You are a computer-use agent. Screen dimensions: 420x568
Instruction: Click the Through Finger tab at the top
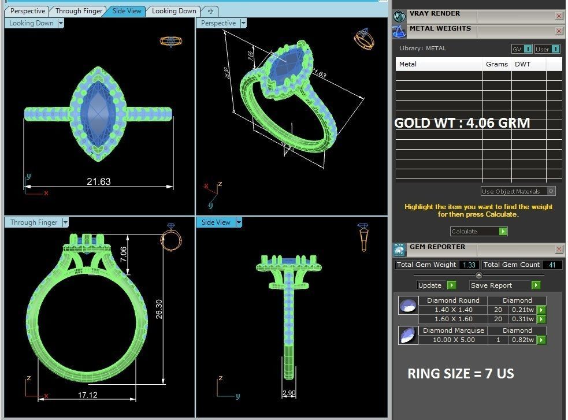79,11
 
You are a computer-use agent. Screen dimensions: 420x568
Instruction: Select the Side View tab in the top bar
127,11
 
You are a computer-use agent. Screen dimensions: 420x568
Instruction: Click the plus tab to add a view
210,11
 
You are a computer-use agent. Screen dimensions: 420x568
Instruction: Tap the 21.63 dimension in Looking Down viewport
98,181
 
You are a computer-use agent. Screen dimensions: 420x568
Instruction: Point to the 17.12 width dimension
87,395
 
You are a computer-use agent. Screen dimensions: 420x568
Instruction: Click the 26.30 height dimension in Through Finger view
159,309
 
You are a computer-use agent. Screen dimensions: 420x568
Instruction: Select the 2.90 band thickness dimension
289,393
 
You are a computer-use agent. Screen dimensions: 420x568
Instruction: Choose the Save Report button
505,285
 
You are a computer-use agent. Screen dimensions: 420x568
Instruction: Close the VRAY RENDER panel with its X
559,16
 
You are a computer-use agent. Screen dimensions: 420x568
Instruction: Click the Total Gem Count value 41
552,265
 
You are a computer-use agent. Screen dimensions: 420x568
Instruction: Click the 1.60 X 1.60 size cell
453,319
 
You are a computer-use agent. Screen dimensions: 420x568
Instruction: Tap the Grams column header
496,64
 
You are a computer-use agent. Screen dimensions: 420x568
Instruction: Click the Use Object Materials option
518,191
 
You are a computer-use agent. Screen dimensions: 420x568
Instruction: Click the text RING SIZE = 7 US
461,373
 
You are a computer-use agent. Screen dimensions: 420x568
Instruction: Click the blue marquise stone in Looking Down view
98,113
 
